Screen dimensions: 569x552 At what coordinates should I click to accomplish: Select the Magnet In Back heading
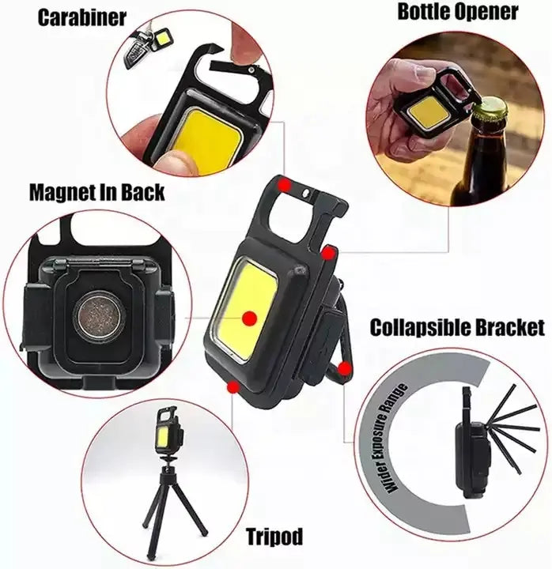(x=96, y=191)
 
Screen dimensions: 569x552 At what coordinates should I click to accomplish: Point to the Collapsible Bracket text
(x=457, y=326)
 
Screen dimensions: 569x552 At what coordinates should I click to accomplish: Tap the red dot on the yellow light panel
(x=250, y=318)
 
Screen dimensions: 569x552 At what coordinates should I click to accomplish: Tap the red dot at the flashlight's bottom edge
(x=233, y=386)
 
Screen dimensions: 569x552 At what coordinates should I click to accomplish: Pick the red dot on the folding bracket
(x=343, y=367)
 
